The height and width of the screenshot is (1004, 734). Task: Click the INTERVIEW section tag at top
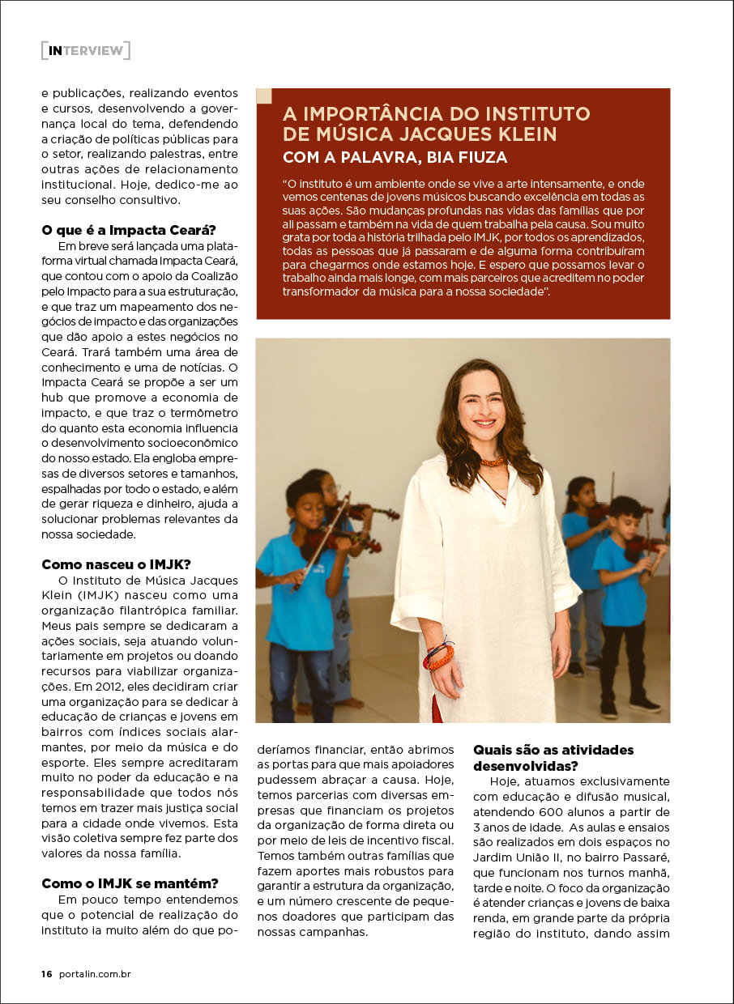85,50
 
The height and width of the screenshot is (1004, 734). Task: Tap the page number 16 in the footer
46,974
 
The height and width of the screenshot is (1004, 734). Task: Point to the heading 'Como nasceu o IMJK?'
116,564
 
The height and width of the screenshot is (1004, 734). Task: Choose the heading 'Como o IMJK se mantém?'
130,883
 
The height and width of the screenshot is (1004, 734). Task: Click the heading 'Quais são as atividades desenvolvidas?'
553,758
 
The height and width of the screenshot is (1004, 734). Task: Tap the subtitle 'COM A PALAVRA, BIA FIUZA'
395,157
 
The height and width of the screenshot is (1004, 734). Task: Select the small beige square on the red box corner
264,96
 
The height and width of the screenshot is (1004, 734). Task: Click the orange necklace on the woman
493,462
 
